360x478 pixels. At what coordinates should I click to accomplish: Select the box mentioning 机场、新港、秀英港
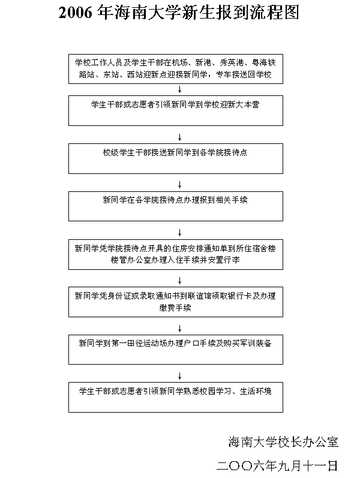pyautogui.click(x=175, y=68)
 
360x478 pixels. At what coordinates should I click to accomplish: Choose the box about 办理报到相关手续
pyautogui.click(x=175, y=206)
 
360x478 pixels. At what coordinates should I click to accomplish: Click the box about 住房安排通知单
pyautogui.click(x=175, y=254)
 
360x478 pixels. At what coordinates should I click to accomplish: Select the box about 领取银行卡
pyautogui.click(x=175, y=302)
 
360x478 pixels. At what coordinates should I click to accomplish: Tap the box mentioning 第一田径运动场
pyautogui.click(x=175, y=349)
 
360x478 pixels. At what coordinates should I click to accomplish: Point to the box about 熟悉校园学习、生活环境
pyautogui.click(x=175, y=396)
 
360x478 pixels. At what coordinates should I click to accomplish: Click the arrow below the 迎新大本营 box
pyautogui.click(x=179, y=137)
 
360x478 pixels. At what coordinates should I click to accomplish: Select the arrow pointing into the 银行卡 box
pyautogui.click(x=179, y=280)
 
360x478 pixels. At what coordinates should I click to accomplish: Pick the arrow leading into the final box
pyautogui.click(x=179, y=375)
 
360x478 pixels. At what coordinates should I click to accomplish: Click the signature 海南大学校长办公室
pyautogui.click(x=283, y=443)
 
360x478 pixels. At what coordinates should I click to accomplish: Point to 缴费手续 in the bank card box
pyautogui.click(x=175, y=307)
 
